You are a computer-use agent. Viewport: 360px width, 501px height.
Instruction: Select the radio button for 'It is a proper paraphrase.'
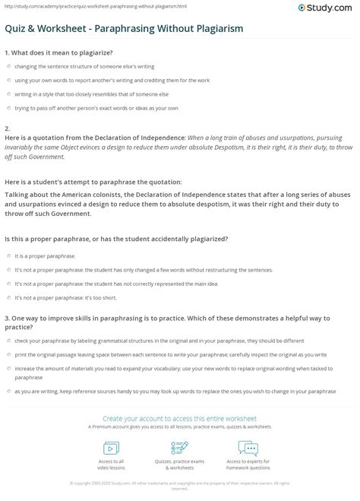pyautogui.click(x=8, y=257)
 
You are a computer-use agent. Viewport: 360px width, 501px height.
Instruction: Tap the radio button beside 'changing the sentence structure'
pyautogui.click(x=8, y=66)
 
